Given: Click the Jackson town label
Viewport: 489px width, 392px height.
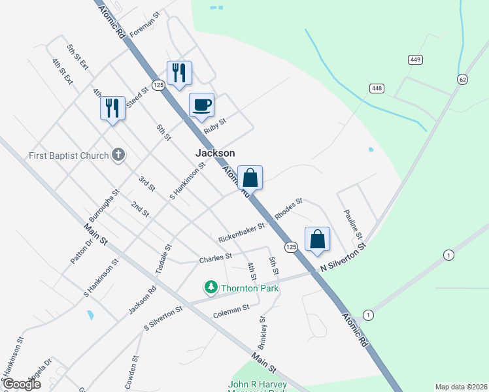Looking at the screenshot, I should coord(215,153).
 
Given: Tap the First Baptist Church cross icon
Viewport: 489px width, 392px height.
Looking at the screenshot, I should coord(118,155).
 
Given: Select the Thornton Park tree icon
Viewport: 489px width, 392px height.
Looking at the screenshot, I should coord(211,287).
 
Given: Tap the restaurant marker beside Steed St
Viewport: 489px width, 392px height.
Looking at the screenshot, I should coord(112,108).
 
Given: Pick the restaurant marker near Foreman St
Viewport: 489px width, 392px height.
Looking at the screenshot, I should coord(178,73).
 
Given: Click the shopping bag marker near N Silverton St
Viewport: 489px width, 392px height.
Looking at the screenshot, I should coord(317,239).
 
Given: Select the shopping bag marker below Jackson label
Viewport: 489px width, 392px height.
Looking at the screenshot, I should coord(250,178).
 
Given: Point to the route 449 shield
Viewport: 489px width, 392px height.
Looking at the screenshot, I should coord(414,59).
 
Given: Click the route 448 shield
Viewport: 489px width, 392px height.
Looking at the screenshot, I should coord(376,88).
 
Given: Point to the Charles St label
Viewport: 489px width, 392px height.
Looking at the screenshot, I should coord(216,258).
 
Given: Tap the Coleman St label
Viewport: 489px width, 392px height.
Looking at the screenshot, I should coord(231,311).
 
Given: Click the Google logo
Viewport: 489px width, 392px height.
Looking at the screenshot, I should coord(22,384).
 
